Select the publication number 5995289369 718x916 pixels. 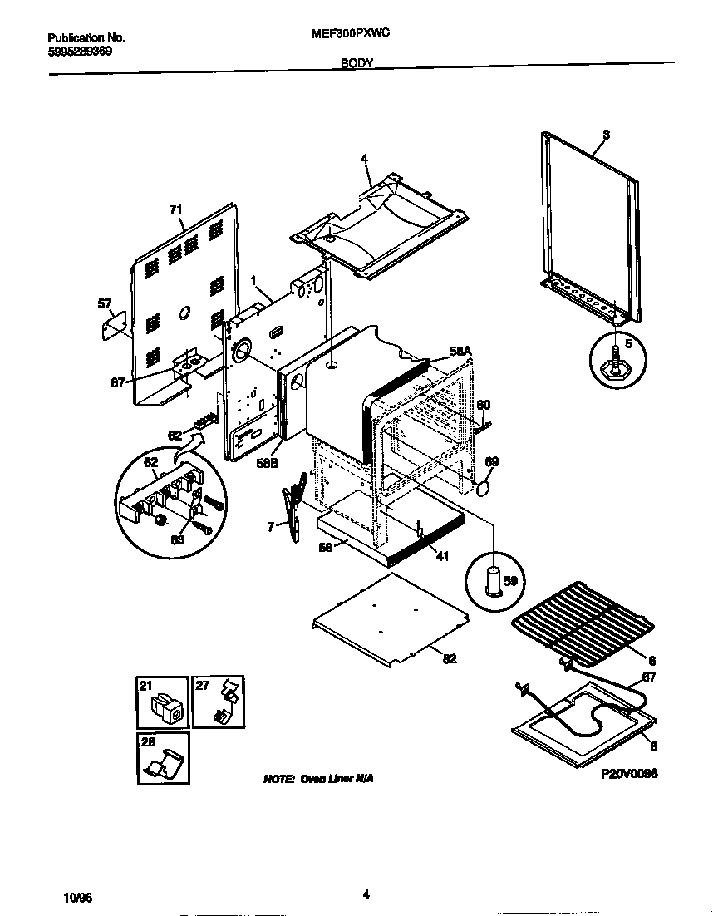click(x=80, y=51)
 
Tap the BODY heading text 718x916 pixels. click(x=357, y=62)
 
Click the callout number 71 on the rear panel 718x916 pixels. click(x=175, y=210)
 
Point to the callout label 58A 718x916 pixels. click(x=461, y=352)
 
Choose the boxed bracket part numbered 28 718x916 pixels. click(x=162, y=758)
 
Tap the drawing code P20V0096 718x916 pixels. click(x=629, y=773)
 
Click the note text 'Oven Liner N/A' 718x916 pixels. click(x=318, y=779)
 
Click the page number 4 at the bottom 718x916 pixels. click(x=366, y=894)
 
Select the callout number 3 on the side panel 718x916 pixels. click(x=606, y=135)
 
